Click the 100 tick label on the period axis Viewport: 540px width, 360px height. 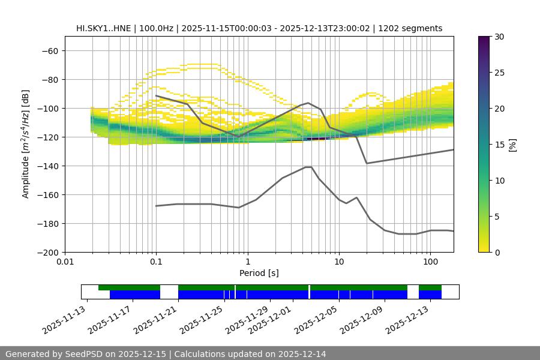click(430, 262)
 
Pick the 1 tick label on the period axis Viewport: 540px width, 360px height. click(247, 262)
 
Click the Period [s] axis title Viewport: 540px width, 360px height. click(259, 273)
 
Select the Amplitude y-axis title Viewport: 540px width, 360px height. click(26, 144)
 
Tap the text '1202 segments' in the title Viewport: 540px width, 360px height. click(414, 28)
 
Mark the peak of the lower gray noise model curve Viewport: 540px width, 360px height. click(308, 167)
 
